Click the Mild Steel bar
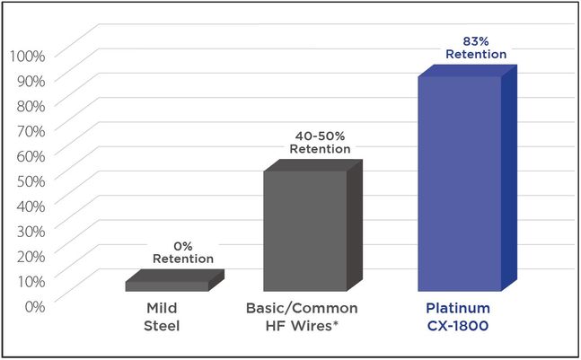point(175,280)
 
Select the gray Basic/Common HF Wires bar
point(313,225)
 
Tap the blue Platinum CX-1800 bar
point(467,178)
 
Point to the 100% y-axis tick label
point(28,56)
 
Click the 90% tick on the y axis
point(31,81)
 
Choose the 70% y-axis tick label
point(31,131)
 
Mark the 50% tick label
point(31,181)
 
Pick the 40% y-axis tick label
point(31,206)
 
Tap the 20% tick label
point(31,256)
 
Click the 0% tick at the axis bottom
point(35,306)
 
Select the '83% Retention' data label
point(476,48)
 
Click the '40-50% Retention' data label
point(321,143)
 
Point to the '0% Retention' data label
point(183,252)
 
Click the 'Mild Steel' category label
point(162,317)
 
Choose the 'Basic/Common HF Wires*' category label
point(302,317)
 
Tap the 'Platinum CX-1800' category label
point(458,317)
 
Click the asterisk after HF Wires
point(336,323)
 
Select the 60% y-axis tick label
point(31,156)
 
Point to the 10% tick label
point(31,282)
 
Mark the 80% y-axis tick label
point(31,106)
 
